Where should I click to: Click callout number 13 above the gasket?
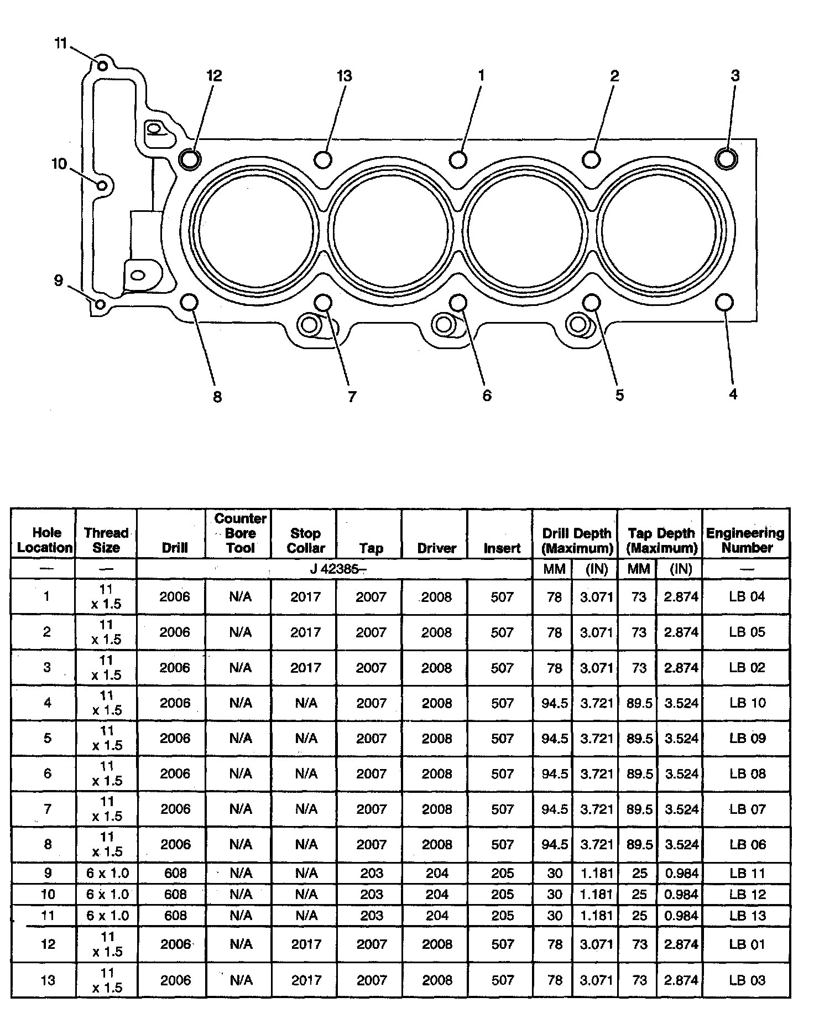pyautogui.click(x=344, y=76)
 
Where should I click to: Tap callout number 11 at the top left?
pyautogui.click(x=61, y=44)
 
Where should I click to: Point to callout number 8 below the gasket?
pyautogui.click(x=217, y=397)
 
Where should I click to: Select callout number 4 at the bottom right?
pyautogui.click(x=733, y=394)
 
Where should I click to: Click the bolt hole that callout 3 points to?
pyautogui.click(x=726, y=158)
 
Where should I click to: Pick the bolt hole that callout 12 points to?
pyautogui.click(x=190, y=159)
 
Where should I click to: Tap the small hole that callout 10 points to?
pyautogui.click(x=102, y=185)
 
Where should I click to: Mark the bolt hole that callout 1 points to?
pyautogui.click(x=458, y=159)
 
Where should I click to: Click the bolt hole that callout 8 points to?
pyautogui.click(x=189, y=303)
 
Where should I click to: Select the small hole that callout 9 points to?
pyautogui.click(x=100, y=304)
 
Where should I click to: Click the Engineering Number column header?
pyautogui.click(x=745, y=540)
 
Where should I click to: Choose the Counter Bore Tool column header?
pyautogui.click(x=241, y=533)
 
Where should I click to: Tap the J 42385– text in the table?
pyautogui.click(x=335, y=569)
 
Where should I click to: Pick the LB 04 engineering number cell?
pyautogui.click(x=747, y=596)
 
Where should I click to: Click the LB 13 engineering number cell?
pyautogui.click(x=747, y=916)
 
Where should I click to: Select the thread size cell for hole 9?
pyautogui.click(x=107, y=874)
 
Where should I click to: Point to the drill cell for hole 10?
pyautogui.click(x=175, y=895)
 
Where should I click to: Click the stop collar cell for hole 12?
pyautogui.click(x=306, y=944)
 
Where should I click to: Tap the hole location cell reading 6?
pyautogui.click(x=48, y=773)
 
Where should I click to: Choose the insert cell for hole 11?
pyautogui.click(x=502, y=916)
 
